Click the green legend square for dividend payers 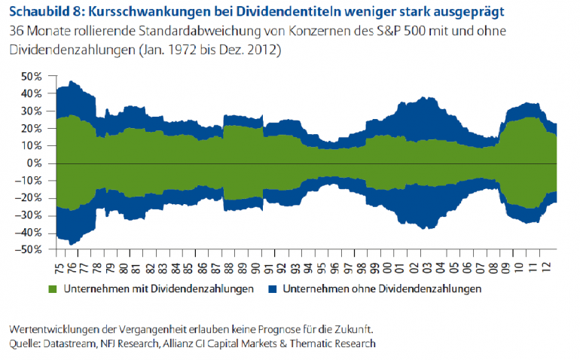click(x=53, y=288)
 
